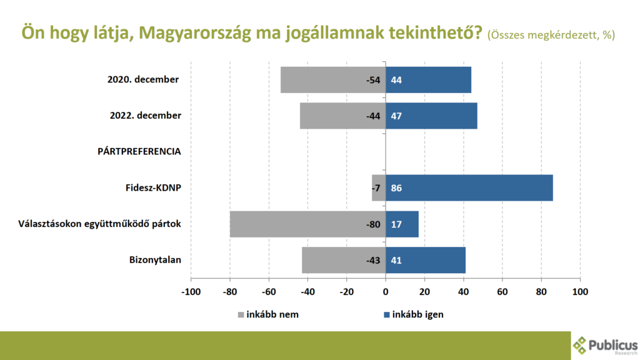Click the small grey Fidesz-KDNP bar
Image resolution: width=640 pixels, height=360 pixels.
[x=376, y=187]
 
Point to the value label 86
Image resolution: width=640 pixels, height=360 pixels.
[x=397, y=188]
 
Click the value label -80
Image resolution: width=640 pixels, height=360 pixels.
[x=373, y=224]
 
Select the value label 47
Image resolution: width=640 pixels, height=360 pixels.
[x=397, y=116]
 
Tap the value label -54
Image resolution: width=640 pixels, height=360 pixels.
[x=373, y=80]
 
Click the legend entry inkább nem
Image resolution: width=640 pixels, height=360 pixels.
[x=269, y=314]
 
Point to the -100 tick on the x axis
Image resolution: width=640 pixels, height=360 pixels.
[x=191, y=292]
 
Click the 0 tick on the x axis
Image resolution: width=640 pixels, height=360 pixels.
[x=386, y=292]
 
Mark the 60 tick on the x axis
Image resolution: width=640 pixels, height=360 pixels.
[x=502, y=292]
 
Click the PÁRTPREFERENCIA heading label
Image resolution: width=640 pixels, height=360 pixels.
[x=139, y=151]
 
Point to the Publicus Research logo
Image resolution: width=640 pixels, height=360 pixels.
[x=604, y=344]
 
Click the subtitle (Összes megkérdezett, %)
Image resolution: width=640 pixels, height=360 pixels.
[x=551, y=35]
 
